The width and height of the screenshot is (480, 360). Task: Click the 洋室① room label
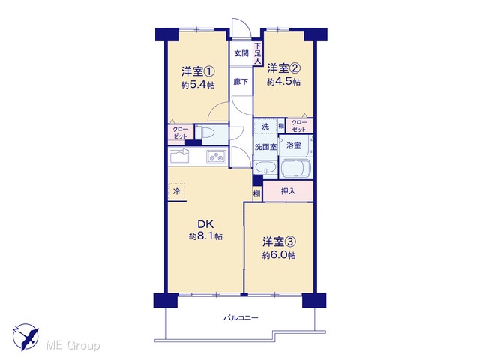[x=198, y=72]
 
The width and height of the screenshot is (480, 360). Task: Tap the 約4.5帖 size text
[x=283, y=82]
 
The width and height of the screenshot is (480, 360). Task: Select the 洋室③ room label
[x=279, y=241]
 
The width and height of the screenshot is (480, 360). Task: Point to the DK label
[x=205, y=224]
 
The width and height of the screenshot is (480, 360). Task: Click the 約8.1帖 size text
[x=205, y=236]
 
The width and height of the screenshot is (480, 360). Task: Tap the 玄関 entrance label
[x=241, y=53]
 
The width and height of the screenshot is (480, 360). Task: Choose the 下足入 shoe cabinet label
[x=258, y=53]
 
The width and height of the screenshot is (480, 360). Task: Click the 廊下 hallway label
[x=241, y=82]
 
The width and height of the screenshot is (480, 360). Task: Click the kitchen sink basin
[x=180, y=157]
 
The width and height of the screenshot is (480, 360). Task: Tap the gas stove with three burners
[x=216, y=157]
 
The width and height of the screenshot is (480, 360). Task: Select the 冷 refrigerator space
[x=177, y=192]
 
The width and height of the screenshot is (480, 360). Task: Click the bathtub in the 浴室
[x=296, y=168]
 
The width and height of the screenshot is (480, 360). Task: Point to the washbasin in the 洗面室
[x=265, y=168]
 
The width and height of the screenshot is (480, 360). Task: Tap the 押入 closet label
[x=288, y=191]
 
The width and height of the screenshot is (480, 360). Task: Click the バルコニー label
[x=241, y=318]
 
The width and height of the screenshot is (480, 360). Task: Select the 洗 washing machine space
[x=265, y=127]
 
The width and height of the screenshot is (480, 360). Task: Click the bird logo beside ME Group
[x=25, y=337]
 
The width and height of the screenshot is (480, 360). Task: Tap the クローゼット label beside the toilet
[x=180, y=133]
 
